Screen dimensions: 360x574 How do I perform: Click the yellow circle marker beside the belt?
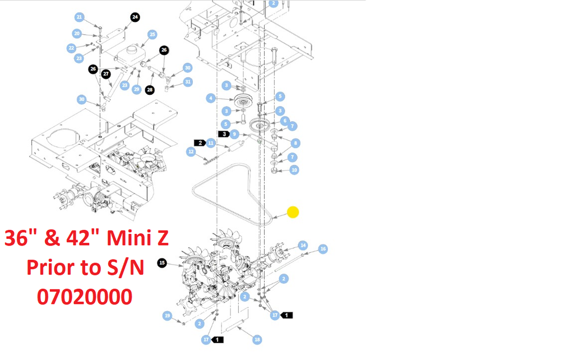(293, 213)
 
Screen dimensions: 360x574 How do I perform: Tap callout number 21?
(79, 17)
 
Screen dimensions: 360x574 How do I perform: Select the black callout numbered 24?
(135, 17)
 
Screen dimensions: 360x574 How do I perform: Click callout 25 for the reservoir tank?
(152, 35)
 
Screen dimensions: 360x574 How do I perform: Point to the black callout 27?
(106, 73)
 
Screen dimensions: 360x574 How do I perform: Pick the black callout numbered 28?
(150, 90)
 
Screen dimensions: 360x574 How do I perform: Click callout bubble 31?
(188, 82)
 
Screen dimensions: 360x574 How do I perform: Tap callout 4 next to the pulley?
(211, 98)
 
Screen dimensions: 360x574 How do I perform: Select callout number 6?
(285, 121)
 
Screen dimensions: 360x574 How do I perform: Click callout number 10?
(294, 169)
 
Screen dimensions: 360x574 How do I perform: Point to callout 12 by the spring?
(191, 151)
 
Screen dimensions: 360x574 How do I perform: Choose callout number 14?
(303, 245)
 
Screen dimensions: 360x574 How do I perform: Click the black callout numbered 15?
(162, 262)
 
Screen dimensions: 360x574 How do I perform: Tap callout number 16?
(323, 248)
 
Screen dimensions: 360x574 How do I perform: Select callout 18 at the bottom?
(257, 339)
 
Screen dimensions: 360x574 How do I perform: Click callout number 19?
(167, 316)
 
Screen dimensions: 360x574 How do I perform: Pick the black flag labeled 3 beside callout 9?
(223, 134)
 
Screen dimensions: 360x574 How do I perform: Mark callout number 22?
(71, 48)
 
